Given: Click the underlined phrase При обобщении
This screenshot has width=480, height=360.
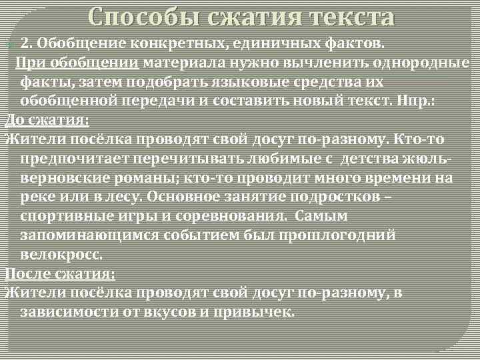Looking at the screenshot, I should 77,63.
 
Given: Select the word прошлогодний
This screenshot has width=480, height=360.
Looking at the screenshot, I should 339,235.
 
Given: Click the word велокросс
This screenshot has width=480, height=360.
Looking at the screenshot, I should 61,255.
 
